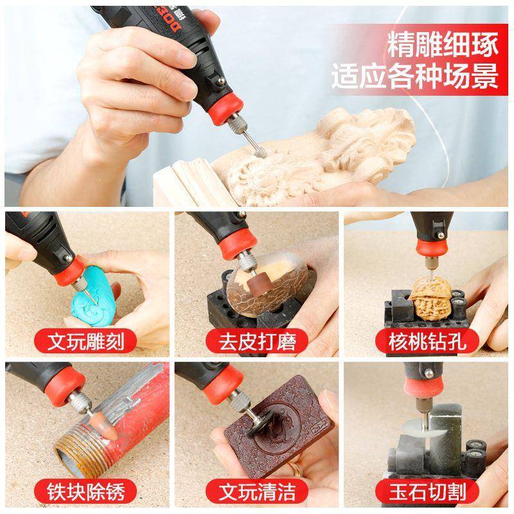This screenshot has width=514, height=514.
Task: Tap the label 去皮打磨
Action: (257, 341)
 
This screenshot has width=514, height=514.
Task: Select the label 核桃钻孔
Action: (427, 341)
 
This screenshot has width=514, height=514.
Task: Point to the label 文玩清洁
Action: (257, 493)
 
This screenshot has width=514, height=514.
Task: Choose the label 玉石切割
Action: (427, 493)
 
